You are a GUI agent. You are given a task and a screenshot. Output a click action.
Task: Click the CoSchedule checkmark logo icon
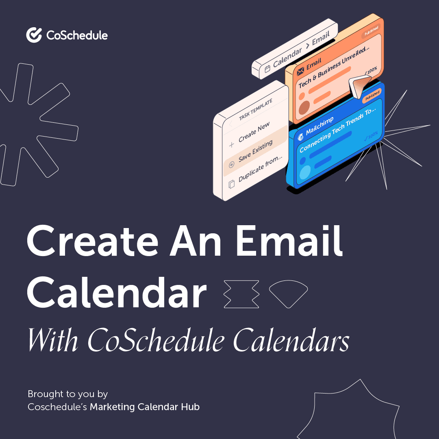click(x=34, y=35)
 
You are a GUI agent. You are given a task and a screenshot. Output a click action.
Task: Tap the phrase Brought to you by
click(x=67, y=394)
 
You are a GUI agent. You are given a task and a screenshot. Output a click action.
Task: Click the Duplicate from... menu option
click(x=260, y=169)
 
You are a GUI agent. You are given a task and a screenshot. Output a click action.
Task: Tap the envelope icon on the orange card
click(x=301, y=72)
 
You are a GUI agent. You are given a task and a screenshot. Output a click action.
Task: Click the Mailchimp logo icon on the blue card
click(x=300, y=136)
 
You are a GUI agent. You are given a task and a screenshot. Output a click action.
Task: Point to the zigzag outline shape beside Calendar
click(x=241, y=293)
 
